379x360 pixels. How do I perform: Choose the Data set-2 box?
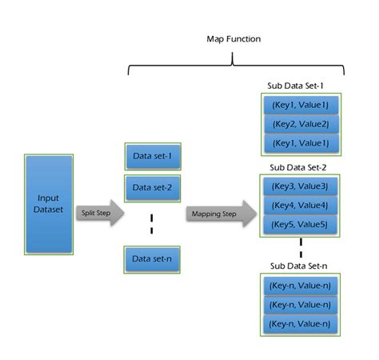153,187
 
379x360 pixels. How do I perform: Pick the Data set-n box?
153,259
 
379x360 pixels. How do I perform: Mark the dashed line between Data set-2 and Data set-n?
153,223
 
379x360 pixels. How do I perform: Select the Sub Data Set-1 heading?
300,85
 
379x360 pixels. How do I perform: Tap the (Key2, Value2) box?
300,124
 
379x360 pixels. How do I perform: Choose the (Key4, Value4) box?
300,206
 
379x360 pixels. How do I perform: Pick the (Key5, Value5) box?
300,224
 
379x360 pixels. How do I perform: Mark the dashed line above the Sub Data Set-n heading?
301,246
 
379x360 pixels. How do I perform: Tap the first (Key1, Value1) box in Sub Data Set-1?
300,105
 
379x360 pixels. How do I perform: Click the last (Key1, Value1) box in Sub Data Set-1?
300,143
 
